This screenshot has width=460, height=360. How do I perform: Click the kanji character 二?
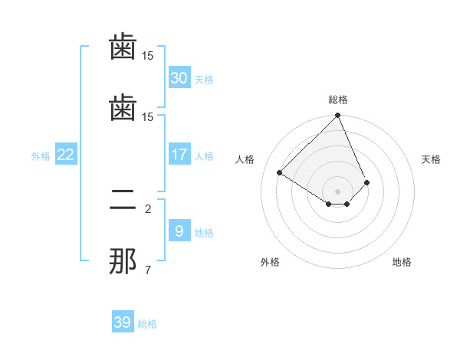tap(123, 201)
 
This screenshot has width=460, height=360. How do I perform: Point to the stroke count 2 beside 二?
tap(148, 208)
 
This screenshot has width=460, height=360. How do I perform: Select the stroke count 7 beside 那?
tap(148, 270)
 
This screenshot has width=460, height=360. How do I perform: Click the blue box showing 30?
tap(179, 78)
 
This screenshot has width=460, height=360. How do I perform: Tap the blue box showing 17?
tap(179, 155)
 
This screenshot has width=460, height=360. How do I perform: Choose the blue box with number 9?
tap(179, 231)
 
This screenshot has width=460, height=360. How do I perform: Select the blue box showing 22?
tap(65, 155)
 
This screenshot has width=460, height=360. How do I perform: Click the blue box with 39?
tap(123, 322)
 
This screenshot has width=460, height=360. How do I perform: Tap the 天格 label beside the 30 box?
tap(204, 80)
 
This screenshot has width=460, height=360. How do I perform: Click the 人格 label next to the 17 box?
tap(204, 156)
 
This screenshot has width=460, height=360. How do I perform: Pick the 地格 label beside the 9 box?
tap(204, 233)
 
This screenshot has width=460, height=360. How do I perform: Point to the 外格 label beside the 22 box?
tap(41, 156)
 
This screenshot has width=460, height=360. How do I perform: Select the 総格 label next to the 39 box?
tap(147, 324)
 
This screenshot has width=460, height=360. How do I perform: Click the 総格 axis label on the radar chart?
tap(338, 100)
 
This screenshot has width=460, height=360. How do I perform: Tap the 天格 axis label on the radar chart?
tap(432, 159)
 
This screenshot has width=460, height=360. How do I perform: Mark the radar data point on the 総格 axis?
tap(338, 116)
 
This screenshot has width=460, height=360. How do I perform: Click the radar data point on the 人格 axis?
tap(280, 172)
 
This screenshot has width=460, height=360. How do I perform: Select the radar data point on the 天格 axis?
tap(367, 182)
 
